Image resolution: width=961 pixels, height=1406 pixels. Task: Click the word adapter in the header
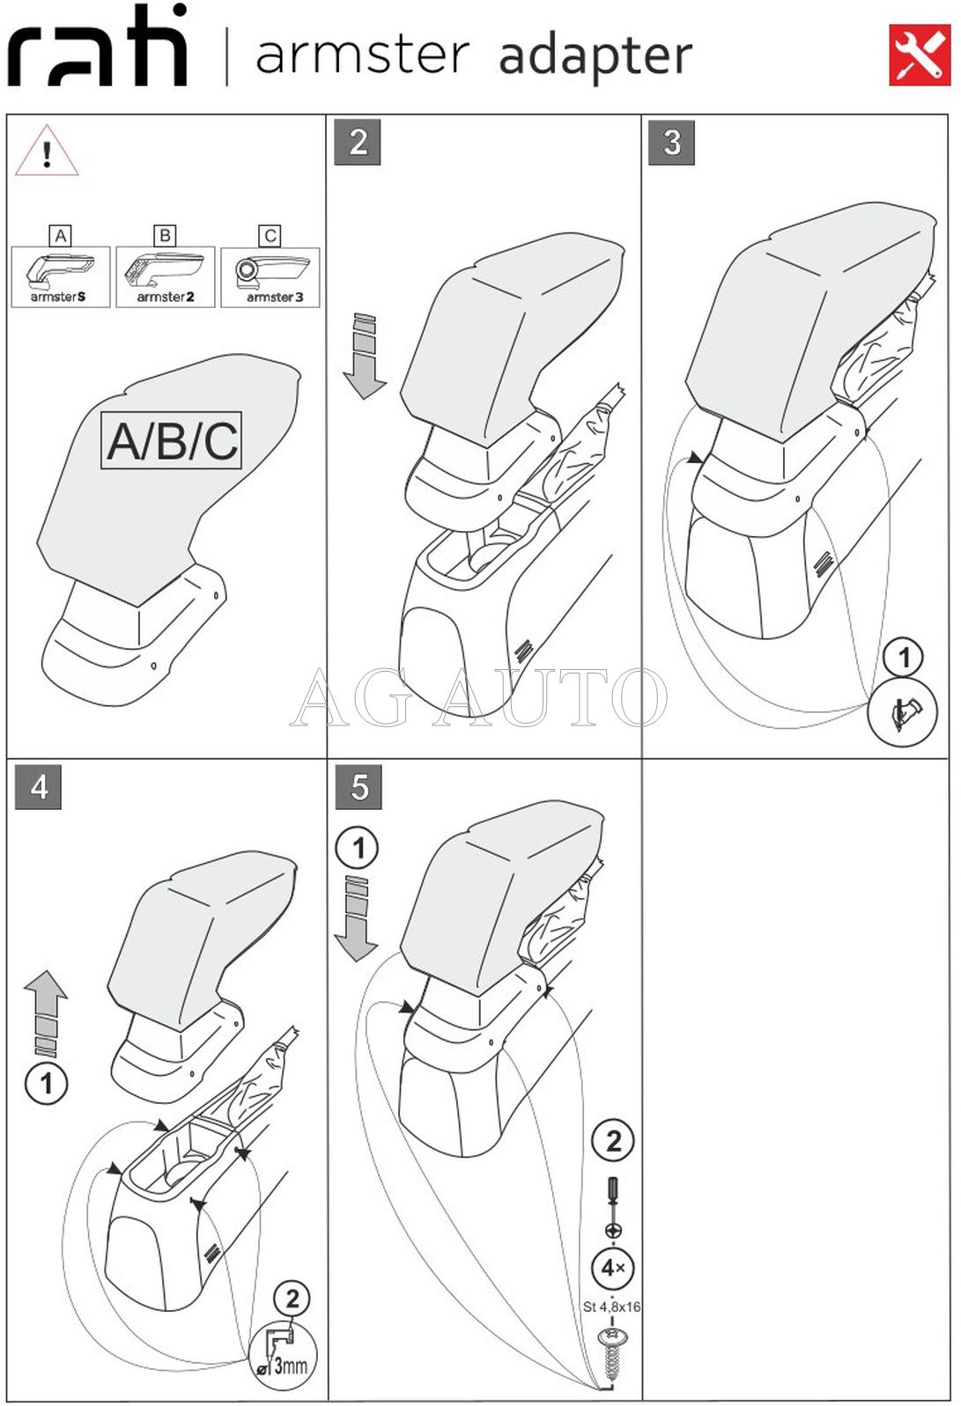[x=595, y=55]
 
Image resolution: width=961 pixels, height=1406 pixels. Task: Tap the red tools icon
[x=920, y=55]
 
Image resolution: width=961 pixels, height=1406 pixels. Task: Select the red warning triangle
[x=47, y=152]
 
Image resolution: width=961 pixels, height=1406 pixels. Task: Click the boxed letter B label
[x=165, y=235]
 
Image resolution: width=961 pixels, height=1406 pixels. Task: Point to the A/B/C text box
[x=172, y=440]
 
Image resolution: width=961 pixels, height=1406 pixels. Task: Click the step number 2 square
[x=358, y=142]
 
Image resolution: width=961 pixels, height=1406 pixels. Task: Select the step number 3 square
[x=671, y=142]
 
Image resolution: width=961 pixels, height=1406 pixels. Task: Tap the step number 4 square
[x=39, y=786]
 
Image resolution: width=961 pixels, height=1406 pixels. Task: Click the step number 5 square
[x=359, y=786]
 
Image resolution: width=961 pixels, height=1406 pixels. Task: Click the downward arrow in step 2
[x=364, y=355]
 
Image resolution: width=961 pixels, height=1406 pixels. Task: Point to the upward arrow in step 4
[x=46, y=1012]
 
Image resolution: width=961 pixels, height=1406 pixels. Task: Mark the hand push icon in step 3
[x=903, y=715]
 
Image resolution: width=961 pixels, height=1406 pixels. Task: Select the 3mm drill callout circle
[x=283, y=1357]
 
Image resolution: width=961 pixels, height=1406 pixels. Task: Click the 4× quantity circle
[x=613, y=1268]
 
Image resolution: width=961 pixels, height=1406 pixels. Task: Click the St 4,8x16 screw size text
[x=611, y=1307]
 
